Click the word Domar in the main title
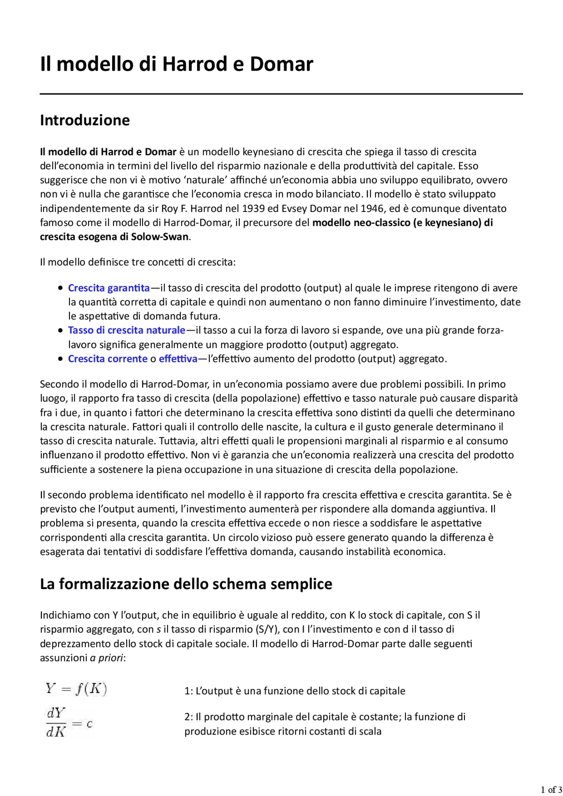click(x=281, y=64)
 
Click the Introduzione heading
click(x=85, y=120)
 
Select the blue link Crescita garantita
click(x=109, y=288)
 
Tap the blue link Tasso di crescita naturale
click(x=127, y=330)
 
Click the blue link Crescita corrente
click(x=108, y=359)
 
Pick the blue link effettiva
click(x=178, y=359)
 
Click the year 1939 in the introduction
click(x=253, y=208)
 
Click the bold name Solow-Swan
click(x=160, y=236)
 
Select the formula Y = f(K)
click(x=76, y=689)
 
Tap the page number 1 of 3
click(x=551, y=789)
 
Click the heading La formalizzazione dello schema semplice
click(x=186, y=584)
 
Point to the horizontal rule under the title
click(x=281, y=94)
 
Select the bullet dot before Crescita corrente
click(x=60, y=359)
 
